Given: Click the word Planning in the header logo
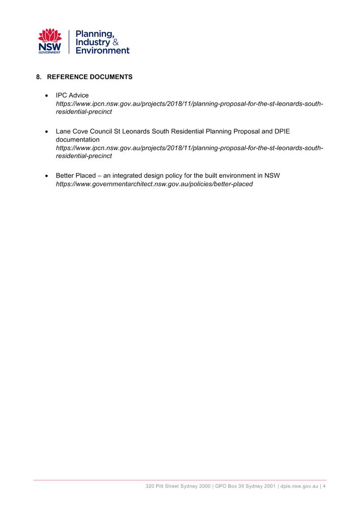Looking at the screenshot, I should tap(95, 34).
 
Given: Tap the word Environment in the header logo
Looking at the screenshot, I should tap(102, 50).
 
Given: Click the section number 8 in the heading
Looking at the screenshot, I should tap(38, 77).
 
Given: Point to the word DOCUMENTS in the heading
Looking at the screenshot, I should tap(111, 77).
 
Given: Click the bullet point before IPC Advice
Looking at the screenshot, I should tap(47, 96).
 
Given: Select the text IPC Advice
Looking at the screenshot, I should tap(72, 95).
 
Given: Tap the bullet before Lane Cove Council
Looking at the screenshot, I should tap(47, 132).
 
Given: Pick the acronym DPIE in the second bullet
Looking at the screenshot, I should tap(282, 131).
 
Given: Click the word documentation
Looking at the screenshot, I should tap(77, 139).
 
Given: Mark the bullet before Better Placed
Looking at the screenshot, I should tap(47, 176).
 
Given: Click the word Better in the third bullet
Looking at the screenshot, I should tap(65, 175).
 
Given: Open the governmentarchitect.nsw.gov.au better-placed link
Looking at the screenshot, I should tap(154, 184).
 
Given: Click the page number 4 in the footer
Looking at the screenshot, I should tap(324, 486).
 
